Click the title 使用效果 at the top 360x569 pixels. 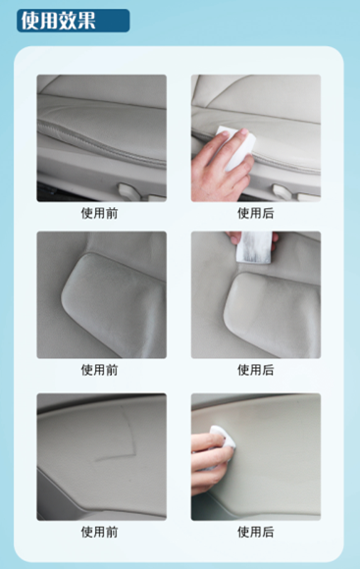[x=58, y=21]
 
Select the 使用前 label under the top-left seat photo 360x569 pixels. [x=99, y=212]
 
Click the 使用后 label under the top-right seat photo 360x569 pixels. [x=255, y=212]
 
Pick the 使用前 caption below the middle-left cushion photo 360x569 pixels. [x=99, y=370]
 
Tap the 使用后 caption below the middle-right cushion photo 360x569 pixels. [x=255, y=370]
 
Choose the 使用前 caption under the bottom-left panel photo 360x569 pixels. [x=99, y=532]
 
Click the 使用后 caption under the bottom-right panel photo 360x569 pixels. [x=255, y=532]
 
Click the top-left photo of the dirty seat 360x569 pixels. [x=101, y=137]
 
